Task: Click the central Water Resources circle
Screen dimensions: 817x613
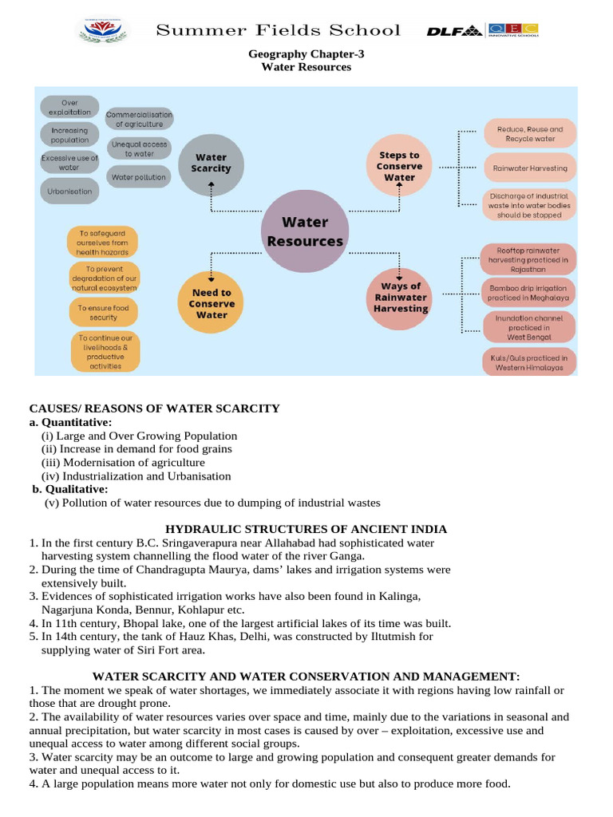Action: (305, 231)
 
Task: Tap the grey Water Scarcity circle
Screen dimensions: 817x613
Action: (211, 163)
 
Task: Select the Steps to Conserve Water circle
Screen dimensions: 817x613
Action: (399, 166)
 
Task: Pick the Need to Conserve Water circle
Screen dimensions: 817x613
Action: (212, 303)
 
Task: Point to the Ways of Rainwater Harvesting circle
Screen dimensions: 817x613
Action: (400, 297)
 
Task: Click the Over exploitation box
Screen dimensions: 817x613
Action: (69, 107)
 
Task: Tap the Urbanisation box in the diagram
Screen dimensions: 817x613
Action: (70, 191)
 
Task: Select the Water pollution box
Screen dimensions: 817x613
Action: (139, 177)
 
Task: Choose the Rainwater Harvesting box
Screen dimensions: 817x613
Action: (530, 168)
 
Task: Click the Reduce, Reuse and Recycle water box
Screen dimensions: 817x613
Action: (530, 133)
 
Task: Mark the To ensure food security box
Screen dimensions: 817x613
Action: (103, 312)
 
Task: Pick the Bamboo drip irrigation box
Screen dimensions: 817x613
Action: (528, 292)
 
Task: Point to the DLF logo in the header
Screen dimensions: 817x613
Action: (454, 31)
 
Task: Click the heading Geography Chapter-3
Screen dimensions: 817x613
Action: (306, 54)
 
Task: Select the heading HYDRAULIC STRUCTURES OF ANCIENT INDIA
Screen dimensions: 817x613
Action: (306, 529)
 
